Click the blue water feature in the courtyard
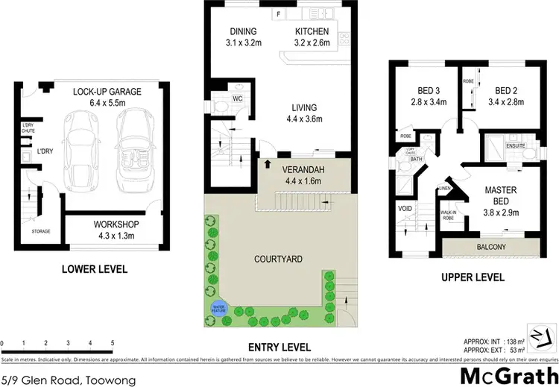click(220, 307)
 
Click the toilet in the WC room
click(224, 109)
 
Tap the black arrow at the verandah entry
click(266, 163)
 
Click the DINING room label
click(243, 31)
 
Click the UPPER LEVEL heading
click(473, 277)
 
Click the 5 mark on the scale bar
click(112, 344)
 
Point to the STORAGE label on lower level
click(41, 231)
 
